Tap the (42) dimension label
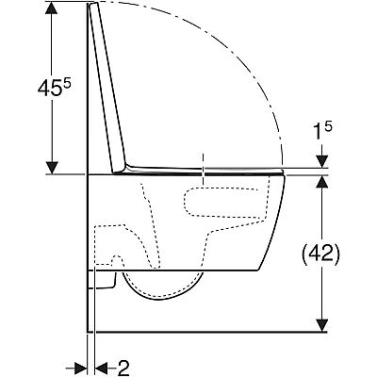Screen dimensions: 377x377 [320, 254]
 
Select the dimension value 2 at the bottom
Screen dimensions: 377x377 [123, 369]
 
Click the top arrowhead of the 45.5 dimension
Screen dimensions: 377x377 [52, 8]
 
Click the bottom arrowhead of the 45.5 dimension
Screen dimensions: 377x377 [52, 167]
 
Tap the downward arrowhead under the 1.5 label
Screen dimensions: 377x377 [322, 161]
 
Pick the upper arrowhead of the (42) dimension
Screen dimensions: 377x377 [322, 182]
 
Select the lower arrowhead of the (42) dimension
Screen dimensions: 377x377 [322, 325]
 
